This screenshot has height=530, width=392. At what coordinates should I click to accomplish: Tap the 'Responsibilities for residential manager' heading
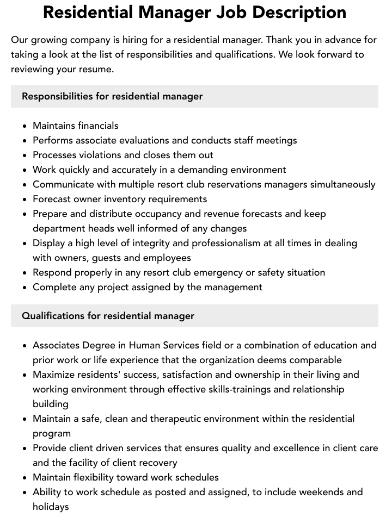tap(112, 96)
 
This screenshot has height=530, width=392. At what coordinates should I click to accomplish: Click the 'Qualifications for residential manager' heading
tap(108, 316)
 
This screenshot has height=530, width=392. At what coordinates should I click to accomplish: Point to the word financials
tap(98, 126)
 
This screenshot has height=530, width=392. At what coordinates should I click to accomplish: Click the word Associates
tap(56, 345)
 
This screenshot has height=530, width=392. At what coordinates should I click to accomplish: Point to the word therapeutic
tap(162, 419)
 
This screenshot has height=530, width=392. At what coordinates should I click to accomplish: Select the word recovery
tap(158, 463)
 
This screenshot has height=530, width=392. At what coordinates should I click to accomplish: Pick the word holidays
tap(51, 507)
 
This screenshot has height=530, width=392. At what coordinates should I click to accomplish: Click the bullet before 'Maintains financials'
tap(25, 126)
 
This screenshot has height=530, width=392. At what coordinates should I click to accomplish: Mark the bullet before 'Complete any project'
tap(25, 288)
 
